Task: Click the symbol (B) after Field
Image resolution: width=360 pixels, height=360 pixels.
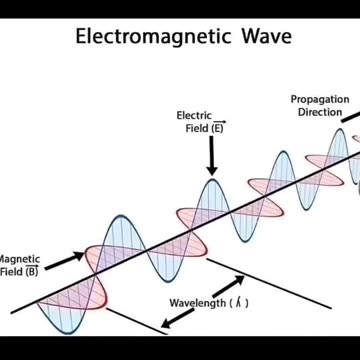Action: coord(32,270)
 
